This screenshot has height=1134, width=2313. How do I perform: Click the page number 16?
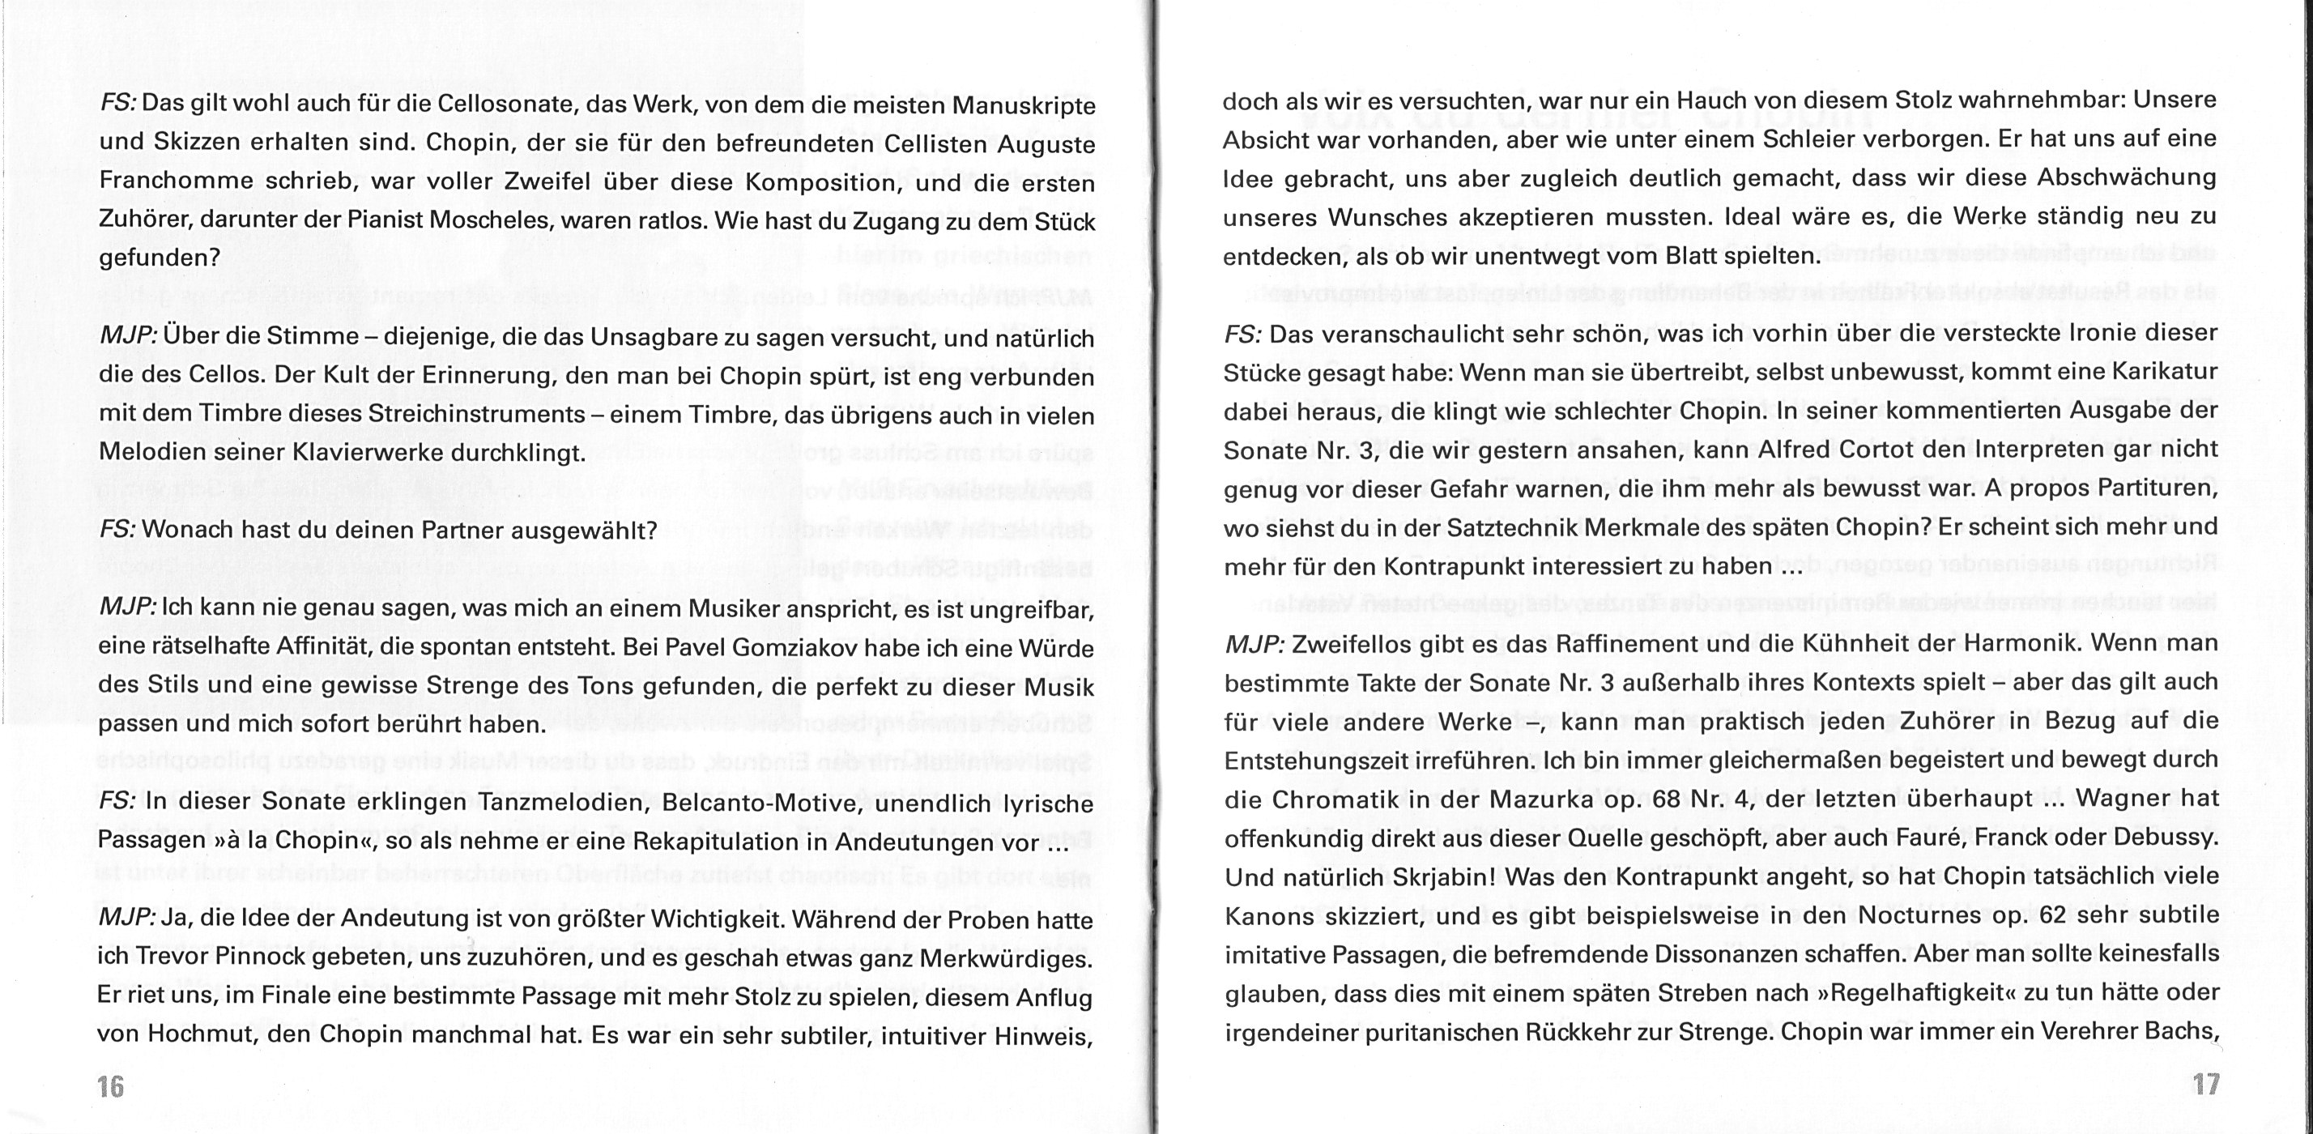(110, 1086)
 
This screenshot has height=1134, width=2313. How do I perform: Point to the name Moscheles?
(504, 222)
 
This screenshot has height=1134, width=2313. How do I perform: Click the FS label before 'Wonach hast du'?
(117, 530)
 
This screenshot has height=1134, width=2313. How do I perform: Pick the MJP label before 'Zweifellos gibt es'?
(1254, 644)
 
